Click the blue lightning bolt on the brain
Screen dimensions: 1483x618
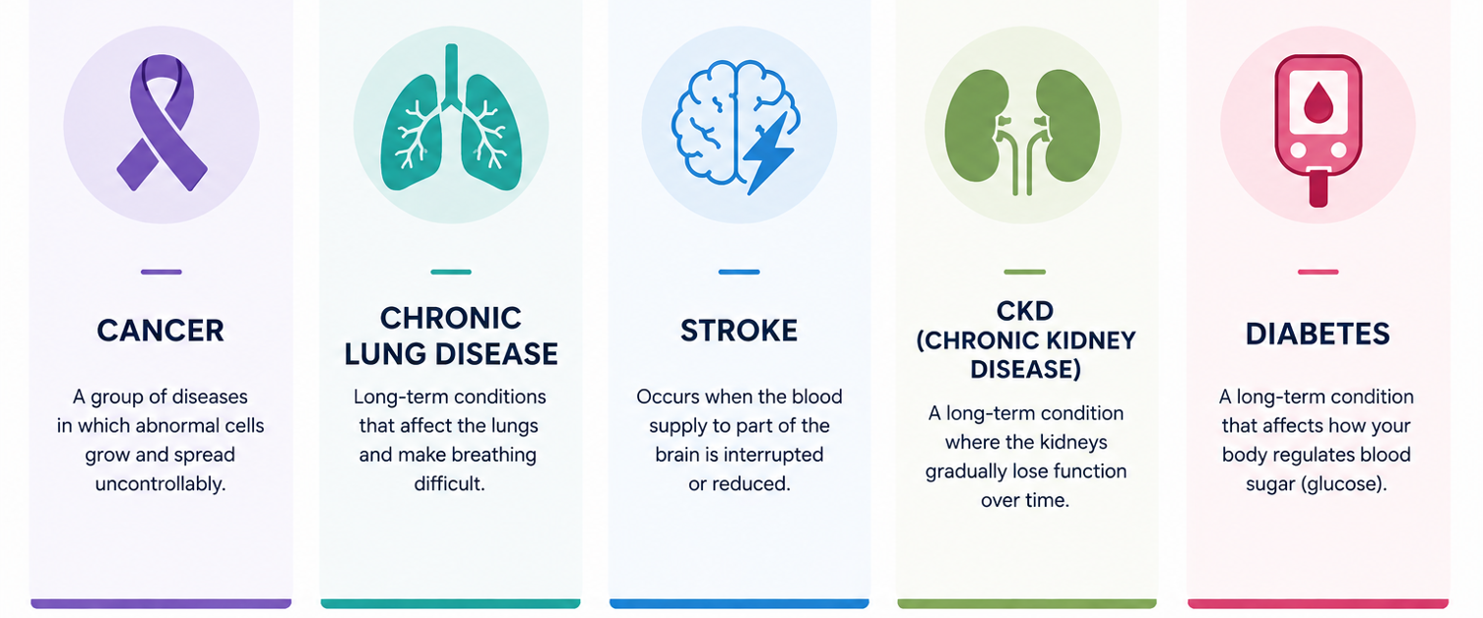pyautogui.click(x=767, y=154)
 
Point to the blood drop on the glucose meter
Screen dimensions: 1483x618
pyautogui.click(x=1318, y=103)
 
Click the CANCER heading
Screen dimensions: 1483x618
pyautogui.click(x=161, y=331)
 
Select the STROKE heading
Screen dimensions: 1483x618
pyautogui.click(x=739, y=331)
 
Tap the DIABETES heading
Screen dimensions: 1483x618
pyautogui.click(x=1318, y=334)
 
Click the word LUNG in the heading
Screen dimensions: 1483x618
pyautogui.click(x=385, y=354)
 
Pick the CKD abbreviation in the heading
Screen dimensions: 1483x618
pyautogui.click(x=1025, y=311)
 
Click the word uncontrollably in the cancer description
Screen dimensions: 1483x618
pyautogui.click(x=161, y=484)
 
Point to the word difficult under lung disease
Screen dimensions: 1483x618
pyautogui.click(x=450, y=484)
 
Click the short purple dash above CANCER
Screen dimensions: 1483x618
pyautogui.click(x=161, y=272)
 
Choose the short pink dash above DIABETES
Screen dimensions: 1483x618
pyautogui.click(x=1319, y=272)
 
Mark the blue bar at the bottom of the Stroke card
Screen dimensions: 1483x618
pyautogui.click(x=739, y=603)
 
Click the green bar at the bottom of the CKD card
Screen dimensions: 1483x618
pyautogui.click(x=1027, y=603)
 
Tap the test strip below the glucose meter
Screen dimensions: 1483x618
pyautogui.click(x=1319, y=189)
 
